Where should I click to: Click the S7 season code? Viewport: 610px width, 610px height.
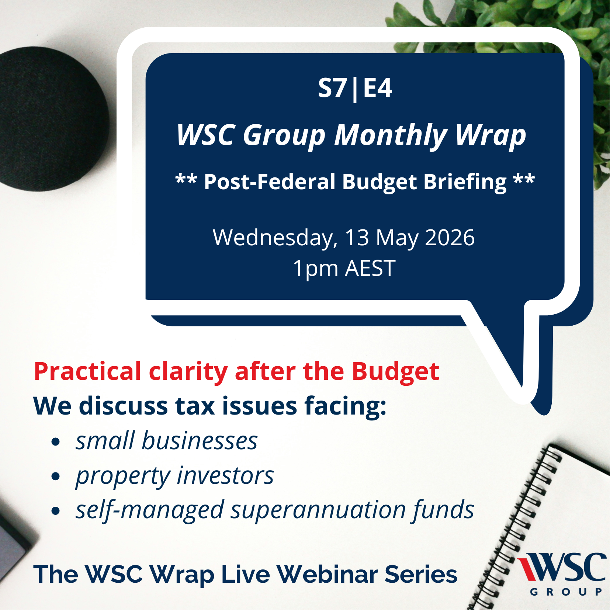pyautogui.click(x=332, y=89)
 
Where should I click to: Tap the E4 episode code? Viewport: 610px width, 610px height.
pyautogui.click(x=378, y=89)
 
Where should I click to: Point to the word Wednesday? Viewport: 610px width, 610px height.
pyautogui.click(x=275, y=238)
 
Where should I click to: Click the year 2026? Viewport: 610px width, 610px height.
pyautogui.click(x=450, y=238)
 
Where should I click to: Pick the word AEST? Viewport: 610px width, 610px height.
pyautogui.click(x=370, y=268)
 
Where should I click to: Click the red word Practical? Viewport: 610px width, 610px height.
pyautogui.click(x=88, y=371)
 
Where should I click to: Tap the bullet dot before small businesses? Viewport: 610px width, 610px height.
pyautogui.click(x=56, y=442)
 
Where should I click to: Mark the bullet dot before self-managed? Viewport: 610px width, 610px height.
pyautogui.click(x=56, y=511)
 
